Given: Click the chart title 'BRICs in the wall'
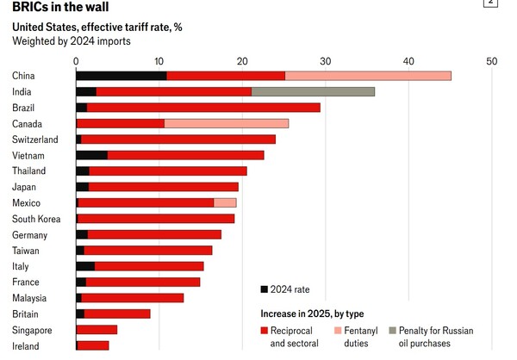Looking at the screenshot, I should [60, 7].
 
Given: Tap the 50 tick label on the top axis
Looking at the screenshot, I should [491, 61].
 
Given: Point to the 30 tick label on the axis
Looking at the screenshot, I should [325, 61].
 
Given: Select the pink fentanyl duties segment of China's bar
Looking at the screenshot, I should [368, 76].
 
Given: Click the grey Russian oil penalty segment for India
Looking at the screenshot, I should [313, 91].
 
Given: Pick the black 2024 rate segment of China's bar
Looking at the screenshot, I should [121, 76].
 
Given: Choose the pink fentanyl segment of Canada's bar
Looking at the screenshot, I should [227, 123].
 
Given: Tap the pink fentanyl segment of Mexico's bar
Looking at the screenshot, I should [225, 202].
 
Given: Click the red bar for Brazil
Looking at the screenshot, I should [203, 108].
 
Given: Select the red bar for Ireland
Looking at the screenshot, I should [93, 345].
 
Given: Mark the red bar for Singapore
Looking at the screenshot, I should [97, 330].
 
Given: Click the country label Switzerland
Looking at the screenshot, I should [35, 140].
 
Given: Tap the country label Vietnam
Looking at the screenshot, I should [28, 155].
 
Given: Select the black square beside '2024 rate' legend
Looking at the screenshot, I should [265, 289].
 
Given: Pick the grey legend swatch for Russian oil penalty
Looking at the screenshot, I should [393, 331].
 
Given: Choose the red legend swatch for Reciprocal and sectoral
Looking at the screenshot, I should [265, 331].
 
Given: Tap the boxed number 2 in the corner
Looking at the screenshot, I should [490, 3].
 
